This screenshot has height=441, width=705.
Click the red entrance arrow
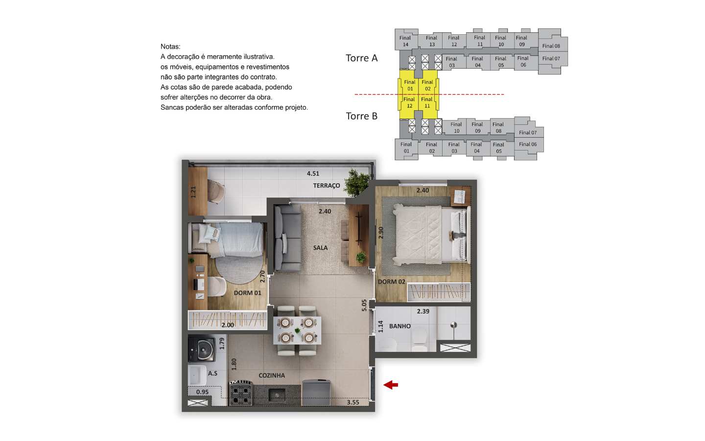click(391, 385)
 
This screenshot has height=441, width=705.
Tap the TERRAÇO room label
click(327, 186)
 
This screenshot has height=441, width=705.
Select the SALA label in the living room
click(320, 248)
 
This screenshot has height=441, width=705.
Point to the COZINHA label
click(272, 375)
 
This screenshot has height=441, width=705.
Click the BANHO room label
click(399, 326)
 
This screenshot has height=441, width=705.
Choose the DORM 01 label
click(247, 293)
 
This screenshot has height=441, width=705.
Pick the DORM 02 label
click(391, 282)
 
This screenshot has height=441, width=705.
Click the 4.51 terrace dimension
click(313, 173)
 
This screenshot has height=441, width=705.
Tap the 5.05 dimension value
click(364, 305)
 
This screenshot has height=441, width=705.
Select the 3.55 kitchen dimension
click(353, 402)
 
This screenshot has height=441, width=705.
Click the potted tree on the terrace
click(356, 183)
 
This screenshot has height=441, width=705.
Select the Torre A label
click(362, 58)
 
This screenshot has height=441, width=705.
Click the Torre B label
click(362, 116)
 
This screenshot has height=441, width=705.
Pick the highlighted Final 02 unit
click(428, 82)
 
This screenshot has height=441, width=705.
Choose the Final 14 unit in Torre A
click(405, 40)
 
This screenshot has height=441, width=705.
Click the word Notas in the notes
click(170, 47)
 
